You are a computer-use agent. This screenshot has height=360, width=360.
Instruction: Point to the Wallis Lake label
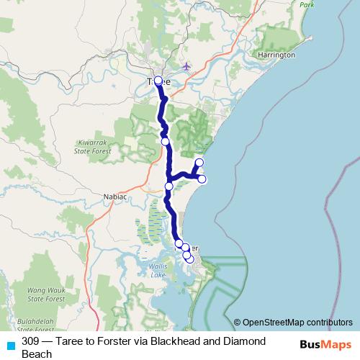pos(160,271)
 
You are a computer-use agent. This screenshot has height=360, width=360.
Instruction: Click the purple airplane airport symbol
pos(188,66)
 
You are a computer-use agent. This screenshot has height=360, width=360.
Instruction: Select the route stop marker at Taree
pos(158,81)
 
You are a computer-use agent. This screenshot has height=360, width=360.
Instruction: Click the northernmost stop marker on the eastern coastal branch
pos(199,163)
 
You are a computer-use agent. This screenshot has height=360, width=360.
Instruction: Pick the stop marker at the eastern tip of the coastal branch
pos(202,179)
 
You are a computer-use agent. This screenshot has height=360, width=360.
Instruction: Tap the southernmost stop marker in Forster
pos(190,259)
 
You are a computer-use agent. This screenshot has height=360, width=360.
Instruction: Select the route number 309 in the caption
pos(31,341)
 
